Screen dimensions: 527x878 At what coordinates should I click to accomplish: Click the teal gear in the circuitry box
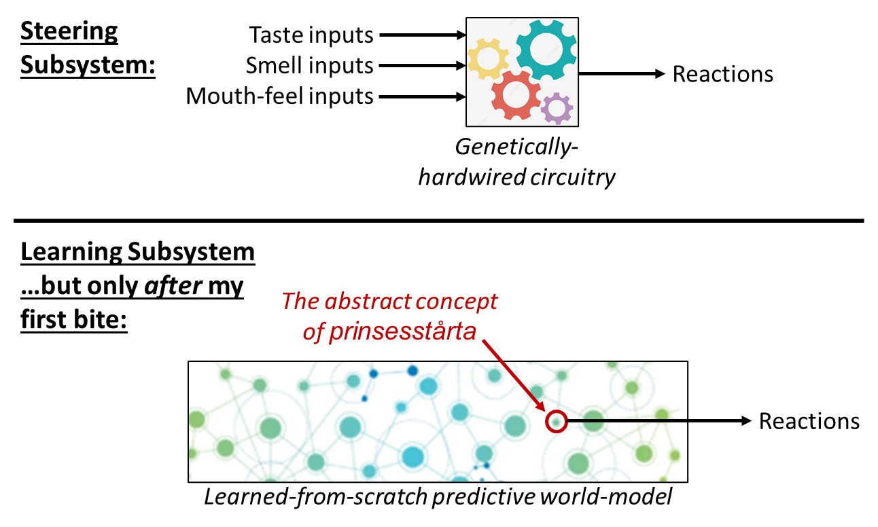point(546,49)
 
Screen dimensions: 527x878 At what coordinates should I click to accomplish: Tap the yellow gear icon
point(488,59)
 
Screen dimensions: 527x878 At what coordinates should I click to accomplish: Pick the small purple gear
point(557,108)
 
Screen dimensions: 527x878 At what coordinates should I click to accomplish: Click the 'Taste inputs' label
point(311,34)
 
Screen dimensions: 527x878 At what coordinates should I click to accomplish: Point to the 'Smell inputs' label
point(310,65)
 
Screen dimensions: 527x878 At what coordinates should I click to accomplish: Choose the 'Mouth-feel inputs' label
point(280,96)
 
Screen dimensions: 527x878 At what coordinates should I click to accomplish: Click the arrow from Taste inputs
point(421,34)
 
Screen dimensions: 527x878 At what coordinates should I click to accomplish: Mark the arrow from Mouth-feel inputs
point(421,96)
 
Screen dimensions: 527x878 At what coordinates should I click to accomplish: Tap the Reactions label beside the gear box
point(722,74)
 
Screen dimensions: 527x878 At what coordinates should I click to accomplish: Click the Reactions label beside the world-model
point(809,421)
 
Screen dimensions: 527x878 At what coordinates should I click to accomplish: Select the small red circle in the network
point(556,422)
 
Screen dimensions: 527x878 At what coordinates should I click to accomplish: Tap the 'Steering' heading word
point(69,31)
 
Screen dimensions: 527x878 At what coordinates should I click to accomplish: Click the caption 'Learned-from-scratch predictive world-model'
point(438,496)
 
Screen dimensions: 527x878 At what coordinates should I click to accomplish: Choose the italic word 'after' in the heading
point(171,286)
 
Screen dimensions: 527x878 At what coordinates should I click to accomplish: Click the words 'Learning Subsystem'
point(138,253)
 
